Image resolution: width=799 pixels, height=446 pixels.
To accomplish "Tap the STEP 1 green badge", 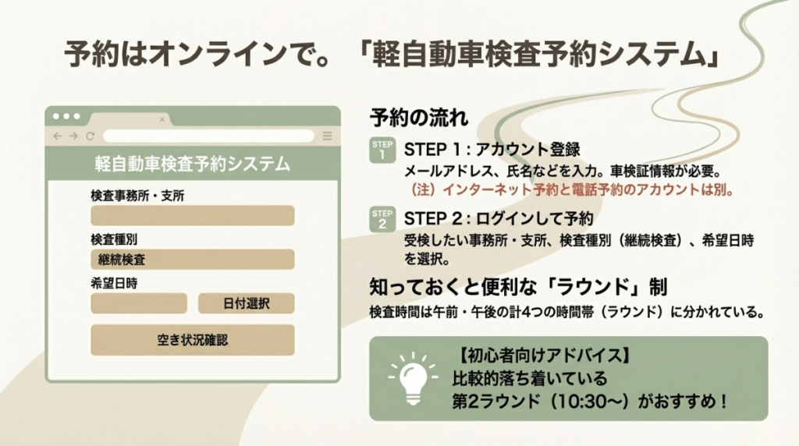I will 382,150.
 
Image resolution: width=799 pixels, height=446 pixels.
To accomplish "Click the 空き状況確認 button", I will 193,340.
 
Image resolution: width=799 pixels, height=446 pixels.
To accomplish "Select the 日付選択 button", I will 246,303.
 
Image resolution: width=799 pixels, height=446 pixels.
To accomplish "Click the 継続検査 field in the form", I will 193,260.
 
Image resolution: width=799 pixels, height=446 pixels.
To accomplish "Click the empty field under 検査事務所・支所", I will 193,216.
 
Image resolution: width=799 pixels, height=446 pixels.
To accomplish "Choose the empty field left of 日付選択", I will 139,303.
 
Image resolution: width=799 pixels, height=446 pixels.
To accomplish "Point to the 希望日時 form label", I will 114,282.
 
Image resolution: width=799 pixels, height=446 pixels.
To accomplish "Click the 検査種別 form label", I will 114,239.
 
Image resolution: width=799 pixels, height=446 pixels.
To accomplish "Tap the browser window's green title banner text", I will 193,164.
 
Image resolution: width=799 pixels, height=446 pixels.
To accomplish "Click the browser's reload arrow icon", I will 91,136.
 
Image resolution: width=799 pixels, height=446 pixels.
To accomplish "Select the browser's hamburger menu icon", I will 327,136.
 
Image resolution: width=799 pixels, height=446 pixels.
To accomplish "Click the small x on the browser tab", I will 162,119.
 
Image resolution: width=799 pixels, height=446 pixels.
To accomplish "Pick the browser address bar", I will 208,136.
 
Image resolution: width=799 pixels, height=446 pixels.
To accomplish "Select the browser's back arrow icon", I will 57,136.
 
